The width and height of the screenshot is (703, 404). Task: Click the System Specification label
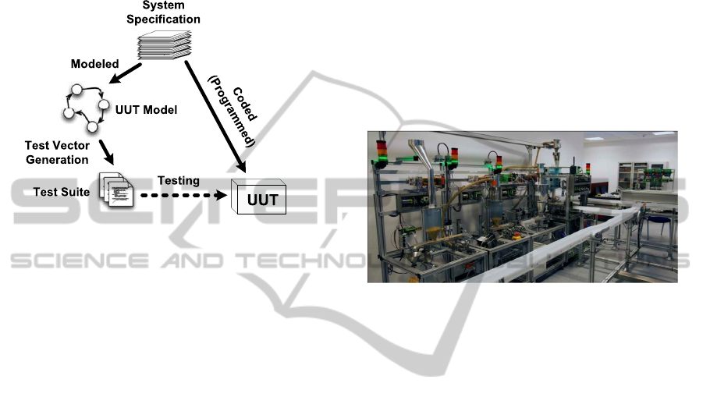(x=164, y=12)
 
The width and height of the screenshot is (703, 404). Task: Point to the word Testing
(x=179, y=180)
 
